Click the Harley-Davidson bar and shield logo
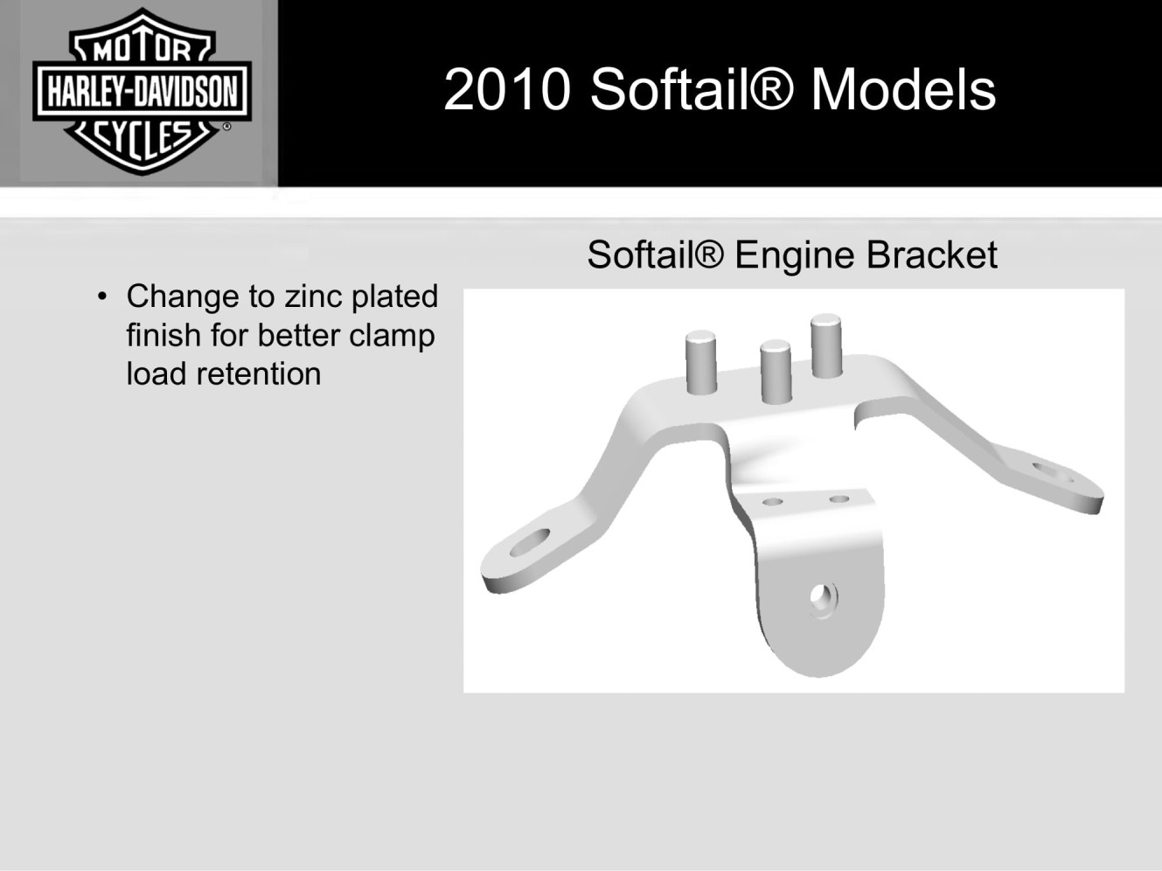pos(142,92)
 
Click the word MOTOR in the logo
pos(142,51)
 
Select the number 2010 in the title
pos(507,89)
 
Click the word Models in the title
pos(903,89)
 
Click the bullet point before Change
pos(102,296)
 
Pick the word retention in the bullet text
pos(258,374)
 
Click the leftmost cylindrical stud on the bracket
pos(701,362)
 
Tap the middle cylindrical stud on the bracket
pos(776,372)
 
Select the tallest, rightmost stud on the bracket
pos(826,345)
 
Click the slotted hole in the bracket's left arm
pos(529,542)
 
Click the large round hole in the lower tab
pos(823,599)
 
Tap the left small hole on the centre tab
pos(772,501)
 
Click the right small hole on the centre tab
pos(839,498)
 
